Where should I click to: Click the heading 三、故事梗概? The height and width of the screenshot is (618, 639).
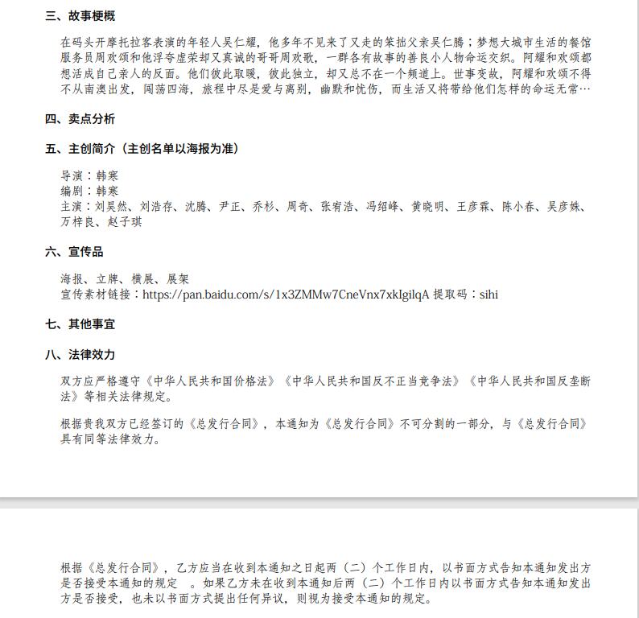[80, 15]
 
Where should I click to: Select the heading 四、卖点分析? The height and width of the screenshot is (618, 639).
[80, 119]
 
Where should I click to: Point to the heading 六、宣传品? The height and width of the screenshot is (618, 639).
[74, 252]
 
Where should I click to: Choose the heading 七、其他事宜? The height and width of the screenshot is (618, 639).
[80, 324]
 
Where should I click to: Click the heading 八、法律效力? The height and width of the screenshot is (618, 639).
[80, 354]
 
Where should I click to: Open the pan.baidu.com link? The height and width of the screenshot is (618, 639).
[285, 295]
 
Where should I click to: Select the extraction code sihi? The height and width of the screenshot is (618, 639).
[489, 295]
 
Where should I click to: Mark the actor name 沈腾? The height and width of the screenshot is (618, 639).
[196, 207]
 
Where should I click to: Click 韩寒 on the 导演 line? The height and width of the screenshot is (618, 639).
[107, 176]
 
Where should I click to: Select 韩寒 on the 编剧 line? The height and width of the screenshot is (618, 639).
[107, 192]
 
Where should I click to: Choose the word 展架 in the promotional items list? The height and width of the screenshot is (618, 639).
[178, 279]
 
